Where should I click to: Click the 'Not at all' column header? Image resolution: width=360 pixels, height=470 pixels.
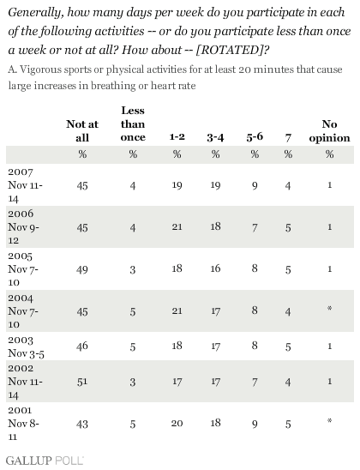pos(82,130)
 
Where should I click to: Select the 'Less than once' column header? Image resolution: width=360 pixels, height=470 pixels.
pos(133,124)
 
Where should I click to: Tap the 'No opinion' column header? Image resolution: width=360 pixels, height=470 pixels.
pos(329,130)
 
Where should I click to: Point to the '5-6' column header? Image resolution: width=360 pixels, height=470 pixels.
pos(255,137)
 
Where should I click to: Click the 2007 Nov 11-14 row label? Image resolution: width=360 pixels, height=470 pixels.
pos(25,185)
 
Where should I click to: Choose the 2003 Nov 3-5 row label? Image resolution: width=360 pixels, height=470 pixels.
pos(26,347)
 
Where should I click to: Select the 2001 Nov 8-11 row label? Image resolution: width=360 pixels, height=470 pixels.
pos(23,423)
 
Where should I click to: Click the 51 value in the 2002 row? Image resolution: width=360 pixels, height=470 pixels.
pos(82,382)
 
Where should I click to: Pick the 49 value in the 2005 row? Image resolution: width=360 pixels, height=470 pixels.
pos(82,269)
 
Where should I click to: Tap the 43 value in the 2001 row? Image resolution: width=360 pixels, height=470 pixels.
pos(82,424)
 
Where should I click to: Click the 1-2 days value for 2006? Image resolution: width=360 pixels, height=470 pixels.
pos(177,226)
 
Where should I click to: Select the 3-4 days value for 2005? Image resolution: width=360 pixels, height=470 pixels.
pos(215,268)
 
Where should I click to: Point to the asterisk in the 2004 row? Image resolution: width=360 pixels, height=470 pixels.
pos(329,308)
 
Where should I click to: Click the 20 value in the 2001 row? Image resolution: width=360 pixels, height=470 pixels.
pos(177,423)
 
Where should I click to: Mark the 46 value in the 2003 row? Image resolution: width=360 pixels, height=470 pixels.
pos(82,346)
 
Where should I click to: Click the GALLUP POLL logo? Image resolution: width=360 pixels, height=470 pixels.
pos(45,461)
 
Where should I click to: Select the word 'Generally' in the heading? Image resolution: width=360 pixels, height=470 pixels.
pos(36,13)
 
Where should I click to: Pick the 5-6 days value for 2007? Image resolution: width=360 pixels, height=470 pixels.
pos(255,186)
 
